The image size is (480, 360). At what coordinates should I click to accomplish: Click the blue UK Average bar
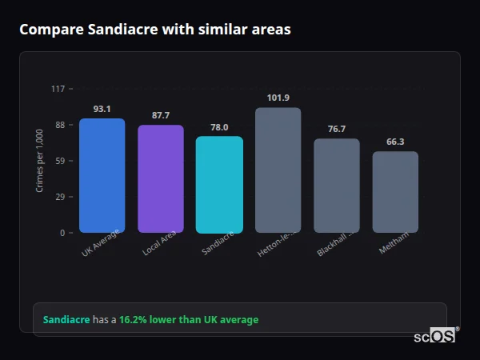102,176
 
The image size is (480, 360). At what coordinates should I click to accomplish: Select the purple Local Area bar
161,179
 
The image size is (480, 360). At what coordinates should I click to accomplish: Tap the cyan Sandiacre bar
219,185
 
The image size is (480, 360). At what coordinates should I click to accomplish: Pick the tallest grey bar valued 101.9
278,170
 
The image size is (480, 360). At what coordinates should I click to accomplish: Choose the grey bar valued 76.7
336,186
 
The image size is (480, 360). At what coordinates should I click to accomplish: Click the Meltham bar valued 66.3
395,192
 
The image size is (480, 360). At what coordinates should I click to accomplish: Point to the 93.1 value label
102,109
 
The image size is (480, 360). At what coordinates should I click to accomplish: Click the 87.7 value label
161,115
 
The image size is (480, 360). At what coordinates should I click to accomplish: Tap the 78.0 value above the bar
219,127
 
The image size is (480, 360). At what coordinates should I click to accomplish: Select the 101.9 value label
278,98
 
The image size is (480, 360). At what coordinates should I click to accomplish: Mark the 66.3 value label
395,142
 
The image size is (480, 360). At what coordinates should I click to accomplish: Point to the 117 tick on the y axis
58,89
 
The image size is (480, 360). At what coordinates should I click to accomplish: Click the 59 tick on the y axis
59,161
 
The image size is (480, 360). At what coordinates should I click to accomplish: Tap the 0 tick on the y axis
62,233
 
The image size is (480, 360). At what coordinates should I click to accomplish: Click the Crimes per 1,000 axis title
40,161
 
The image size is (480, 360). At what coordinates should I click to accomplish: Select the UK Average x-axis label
101,243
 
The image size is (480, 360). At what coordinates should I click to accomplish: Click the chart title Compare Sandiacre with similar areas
155,30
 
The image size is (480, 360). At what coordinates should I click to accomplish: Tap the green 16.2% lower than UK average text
189,320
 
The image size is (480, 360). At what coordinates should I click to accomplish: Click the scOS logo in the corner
434,336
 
